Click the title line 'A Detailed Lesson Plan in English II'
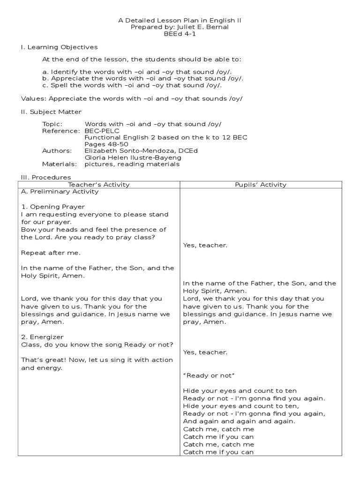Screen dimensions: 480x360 [x=180, y=21]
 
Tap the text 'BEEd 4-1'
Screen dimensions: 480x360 [x=180, y=34]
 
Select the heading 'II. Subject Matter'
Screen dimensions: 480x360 [x=52, y=112]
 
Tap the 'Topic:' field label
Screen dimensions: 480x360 [x=52, y=124]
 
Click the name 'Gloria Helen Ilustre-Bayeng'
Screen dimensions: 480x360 [x=133, y=157]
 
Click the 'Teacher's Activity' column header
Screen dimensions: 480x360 [x=99, y=185]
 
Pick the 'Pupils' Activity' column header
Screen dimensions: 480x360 [x=261, y=185]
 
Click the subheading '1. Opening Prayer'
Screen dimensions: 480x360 [x=53, y=207]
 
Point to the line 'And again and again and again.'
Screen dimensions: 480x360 [x=239, y=421]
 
